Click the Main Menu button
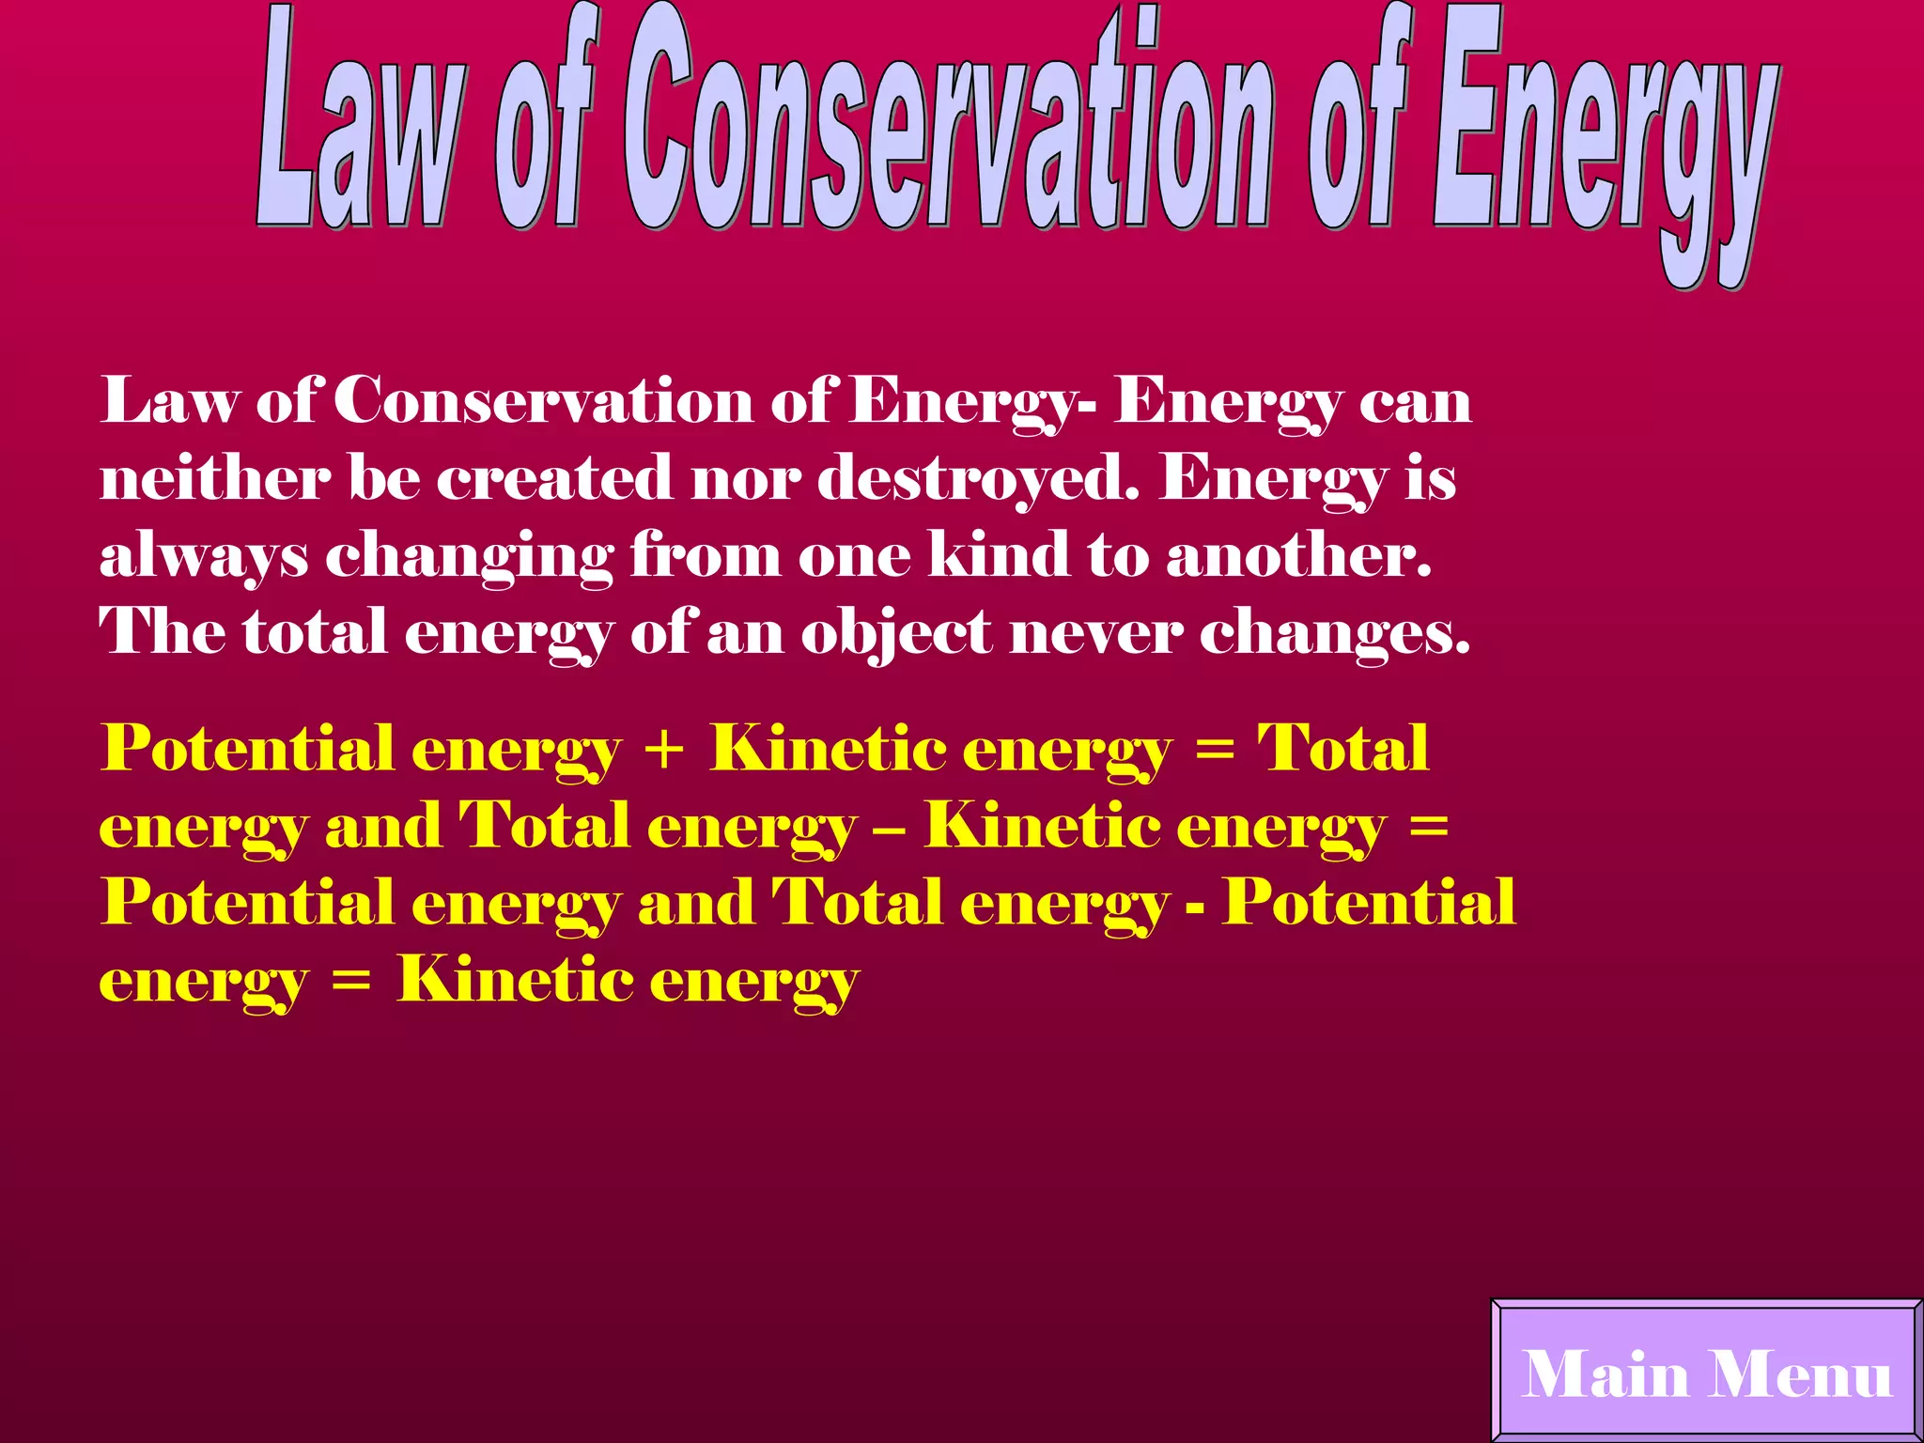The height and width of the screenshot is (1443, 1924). [x=1706, y=1373]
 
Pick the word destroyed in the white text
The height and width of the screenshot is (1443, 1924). [x=978, y=479]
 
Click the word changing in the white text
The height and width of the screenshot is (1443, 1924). [x=470, y=556]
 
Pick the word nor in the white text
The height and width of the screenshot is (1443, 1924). [x=746, y=479]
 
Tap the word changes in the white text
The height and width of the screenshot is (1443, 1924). [x=1334, y=633]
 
